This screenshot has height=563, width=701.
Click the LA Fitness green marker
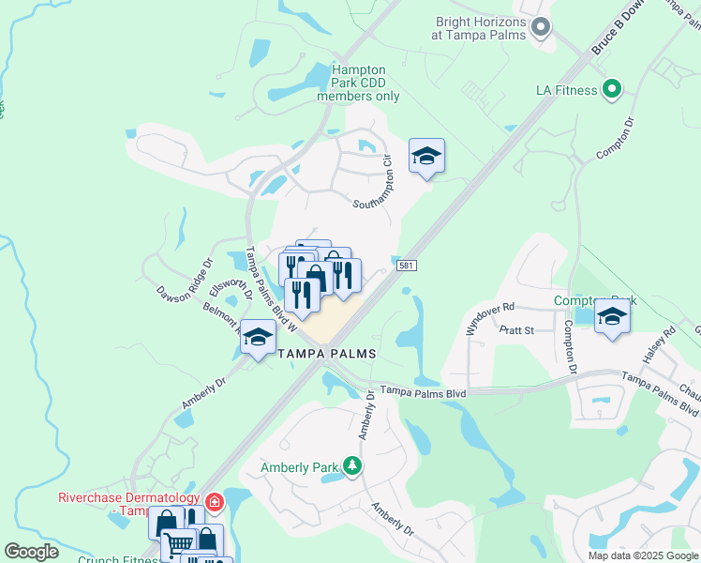pyautogui.click(x=612, y=90)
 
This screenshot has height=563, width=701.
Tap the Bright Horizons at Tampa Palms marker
pyautogui.click(x=540, y=27)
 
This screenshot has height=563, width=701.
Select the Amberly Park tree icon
pyautogui.click(x=351, y=465)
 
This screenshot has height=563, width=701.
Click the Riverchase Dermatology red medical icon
pyautogui.click(x=214, y=502)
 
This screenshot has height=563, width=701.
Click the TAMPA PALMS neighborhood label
pyautogui.click(x=327, y=354)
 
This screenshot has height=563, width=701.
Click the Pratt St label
pyautogui.click(x=515, y=330)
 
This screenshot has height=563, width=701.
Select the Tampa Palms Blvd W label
pyautogui.click(x=270, y=289)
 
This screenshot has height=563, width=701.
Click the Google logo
pyautogui.click(x=32, y=552)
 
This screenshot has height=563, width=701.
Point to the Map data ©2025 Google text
pyautogui.click(x=642, y=555)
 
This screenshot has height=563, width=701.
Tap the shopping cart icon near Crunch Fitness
pyautogui.click(x=178, y=545)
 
